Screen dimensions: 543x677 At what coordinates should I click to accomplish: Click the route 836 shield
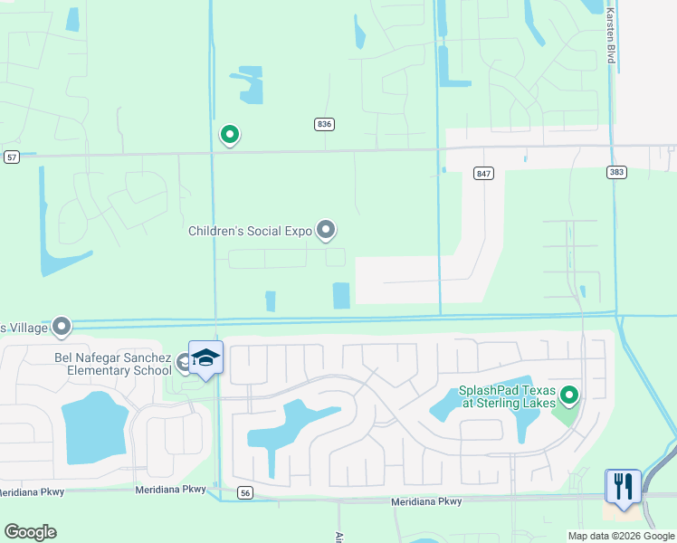click(x=325, y=124)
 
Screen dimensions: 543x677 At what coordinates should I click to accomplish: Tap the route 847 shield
click(x=483, y=173)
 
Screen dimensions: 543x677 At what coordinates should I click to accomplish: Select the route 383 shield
click(x=616, y=172)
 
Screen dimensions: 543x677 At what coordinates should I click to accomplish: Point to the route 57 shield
click(x=11, y=157)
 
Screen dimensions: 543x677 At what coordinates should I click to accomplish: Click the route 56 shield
click(x=244, y=492)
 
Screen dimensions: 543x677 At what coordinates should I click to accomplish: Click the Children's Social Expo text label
click(x=250, y=231)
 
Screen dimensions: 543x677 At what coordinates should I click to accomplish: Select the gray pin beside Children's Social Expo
click(x=327, y=231)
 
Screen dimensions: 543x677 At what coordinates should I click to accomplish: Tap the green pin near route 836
click(x=230, y=136)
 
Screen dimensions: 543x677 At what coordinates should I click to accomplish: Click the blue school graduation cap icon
click(x=205, y=359)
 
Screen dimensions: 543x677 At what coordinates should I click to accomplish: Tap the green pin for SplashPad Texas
click(x=569, y=395)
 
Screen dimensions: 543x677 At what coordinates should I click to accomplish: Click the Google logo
click(x=30, y=532)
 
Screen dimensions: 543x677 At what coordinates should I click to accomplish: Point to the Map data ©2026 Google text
click(x=621, y=536)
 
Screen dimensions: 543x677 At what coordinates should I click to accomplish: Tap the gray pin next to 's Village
click(x=62, y=326)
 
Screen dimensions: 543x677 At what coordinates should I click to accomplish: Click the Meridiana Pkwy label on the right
click(x=426, y=501)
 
